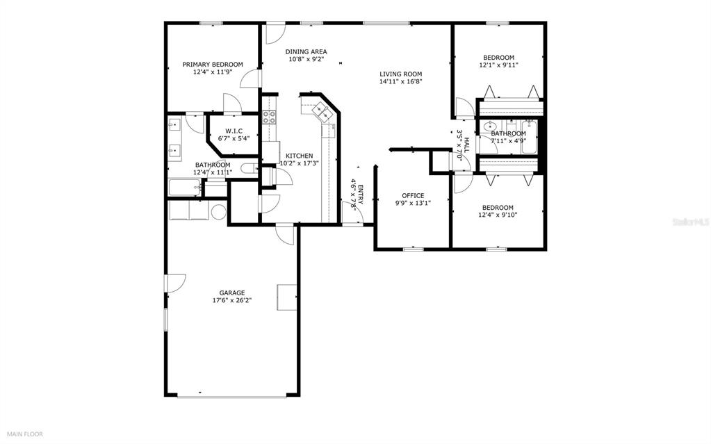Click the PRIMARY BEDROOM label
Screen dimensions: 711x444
pyautogui.click(x=213, y=65)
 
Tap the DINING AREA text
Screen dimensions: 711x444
pyautogui.click(x=306, y=51)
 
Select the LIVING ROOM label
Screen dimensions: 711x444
pyautogui.click(x=401, y=74)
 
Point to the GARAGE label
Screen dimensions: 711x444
pyautogui.click(x=232, y=293)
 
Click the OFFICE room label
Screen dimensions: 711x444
pyautogui.click(x=413, y=195)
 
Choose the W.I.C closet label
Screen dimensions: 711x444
pyautogui.click(x=234, y=131)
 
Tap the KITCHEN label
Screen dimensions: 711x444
pyautogui.click(x=300, y=156)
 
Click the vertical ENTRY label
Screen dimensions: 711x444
pyautogui.click(x=361, y=195)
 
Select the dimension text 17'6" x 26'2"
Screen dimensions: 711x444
pyautogui.click(x=232, y=300)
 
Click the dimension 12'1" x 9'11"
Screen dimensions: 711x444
pyautogui.click(x=499, y=65)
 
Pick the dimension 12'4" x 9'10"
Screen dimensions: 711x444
pyautogui.click(x=498, y=215)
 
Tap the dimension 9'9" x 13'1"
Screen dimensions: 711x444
pyautogui.click(x=413, y=203)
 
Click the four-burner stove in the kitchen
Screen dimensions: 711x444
pyautogui.click(x=270, y=117)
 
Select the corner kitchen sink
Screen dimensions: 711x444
pyautogui.click(x=323, y=112)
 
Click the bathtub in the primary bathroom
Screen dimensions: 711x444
pyautogui.click(x=185, y=188)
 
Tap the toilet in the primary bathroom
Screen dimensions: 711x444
pyautogui.click(x=249, y=169)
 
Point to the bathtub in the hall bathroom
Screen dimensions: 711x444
pyautogui.click(x=529, y=138)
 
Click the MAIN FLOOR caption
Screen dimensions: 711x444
pyautogui.click(x=24, y=434)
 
